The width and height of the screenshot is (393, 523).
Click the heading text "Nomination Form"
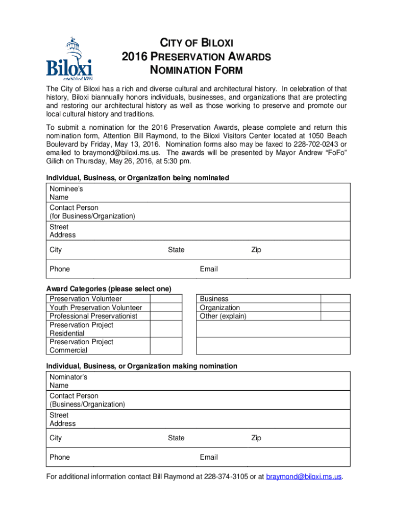click(x=196, y=70)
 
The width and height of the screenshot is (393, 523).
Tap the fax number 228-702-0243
click(x=315, y=144)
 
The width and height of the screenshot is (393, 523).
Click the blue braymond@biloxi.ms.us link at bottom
click(x=304, y=477)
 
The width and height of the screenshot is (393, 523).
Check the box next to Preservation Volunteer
click(x=166, y=299)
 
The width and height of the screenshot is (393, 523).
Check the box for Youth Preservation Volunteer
click(x=166, y=307)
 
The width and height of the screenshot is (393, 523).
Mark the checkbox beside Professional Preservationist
click(x=166, y=316)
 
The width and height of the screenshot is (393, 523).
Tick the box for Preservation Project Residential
click(x=166, y=329)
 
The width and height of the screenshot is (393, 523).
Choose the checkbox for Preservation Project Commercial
click(x=166, y=346)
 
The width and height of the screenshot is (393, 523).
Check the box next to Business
click(x=335, y=299)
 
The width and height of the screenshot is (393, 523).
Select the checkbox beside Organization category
click(x=335, y=307)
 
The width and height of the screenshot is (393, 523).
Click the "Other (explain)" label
click(x=223, y=316)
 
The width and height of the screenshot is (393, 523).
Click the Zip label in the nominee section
click(x=256, y=250)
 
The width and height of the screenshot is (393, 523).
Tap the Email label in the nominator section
click(x=209, y=457)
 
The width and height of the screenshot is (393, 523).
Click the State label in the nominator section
click(x=176, y=438)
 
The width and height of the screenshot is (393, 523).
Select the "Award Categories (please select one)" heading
click(x=109, y=289)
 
